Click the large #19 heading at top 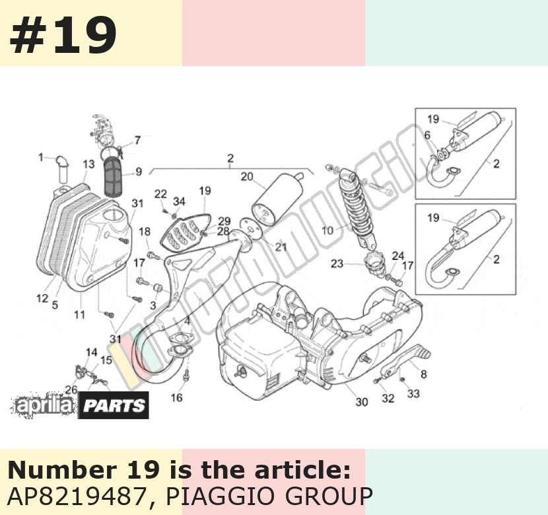pos(63,35)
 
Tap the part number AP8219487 pos(77,496)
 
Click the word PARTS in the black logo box pos(114,405)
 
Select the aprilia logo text pos(44,405)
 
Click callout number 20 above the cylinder pos(247,177)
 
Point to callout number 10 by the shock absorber pos(328,231)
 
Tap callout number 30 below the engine pos(362,403)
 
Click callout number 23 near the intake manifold pos(337,263)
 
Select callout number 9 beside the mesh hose pos(139,172)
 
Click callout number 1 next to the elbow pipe pos(41,157)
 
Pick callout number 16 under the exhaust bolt pos(176,398)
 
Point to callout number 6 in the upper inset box pos(427,135)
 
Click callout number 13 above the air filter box pos(88,164)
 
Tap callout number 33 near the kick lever pos(413,394)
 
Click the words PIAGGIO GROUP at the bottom pos(269,496)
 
